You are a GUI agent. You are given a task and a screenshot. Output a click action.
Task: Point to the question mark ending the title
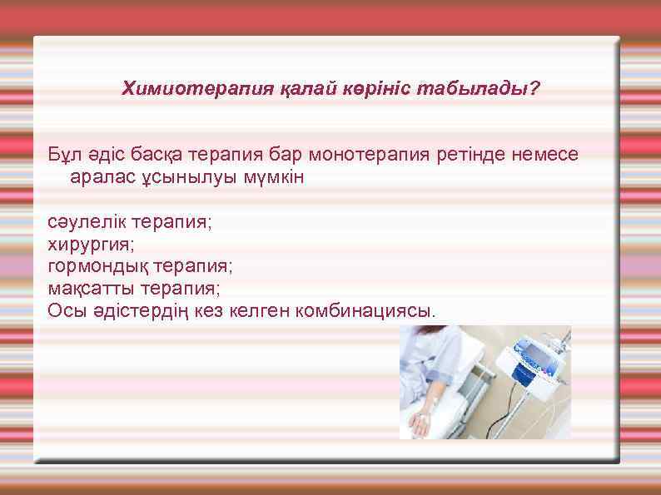534,87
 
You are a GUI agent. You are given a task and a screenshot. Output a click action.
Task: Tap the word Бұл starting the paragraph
63,155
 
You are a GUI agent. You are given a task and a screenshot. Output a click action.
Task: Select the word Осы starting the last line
63,310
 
